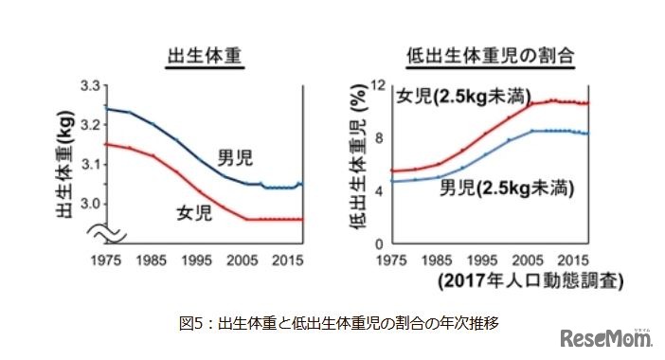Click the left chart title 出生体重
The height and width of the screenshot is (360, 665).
[202, 57]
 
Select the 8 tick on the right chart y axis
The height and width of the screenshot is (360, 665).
[379, 137]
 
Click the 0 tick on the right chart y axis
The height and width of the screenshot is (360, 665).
[379, 243]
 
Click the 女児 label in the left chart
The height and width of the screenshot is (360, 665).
[194, 213]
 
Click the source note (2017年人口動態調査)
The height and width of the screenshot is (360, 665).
[518, 281]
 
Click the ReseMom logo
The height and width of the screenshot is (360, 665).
[602, 338]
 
